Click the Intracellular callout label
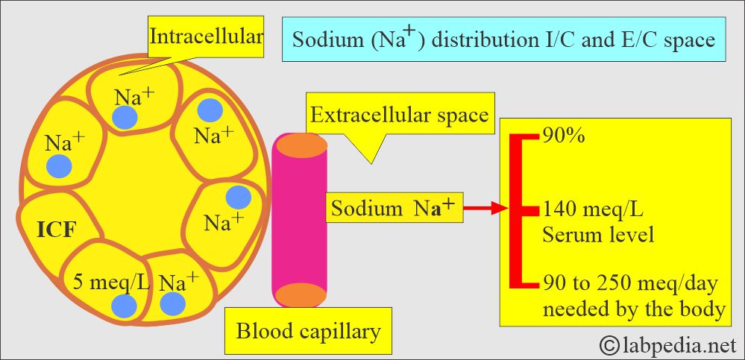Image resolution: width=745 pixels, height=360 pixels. coord(206,35)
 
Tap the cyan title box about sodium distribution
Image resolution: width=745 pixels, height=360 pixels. coord(503,39)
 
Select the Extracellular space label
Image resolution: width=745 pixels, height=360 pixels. coord(399,116)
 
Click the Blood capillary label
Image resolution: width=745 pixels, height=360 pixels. coord(308,330)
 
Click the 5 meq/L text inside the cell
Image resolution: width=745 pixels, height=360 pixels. coord(111,282)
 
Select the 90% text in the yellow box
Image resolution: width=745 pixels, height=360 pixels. coord(564,138)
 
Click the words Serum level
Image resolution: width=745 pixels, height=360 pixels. coord(599,236)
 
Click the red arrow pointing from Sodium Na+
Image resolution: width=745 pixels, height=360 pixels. coord(488,209)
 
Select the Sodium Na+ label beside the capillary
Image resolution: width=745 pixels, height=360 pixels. coord(392,209)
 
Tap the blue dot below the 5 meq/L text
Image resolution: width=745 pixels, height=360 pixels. coord(124,306)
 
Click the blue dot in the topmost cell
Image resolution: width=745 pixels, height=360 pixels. coord(124,117)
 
